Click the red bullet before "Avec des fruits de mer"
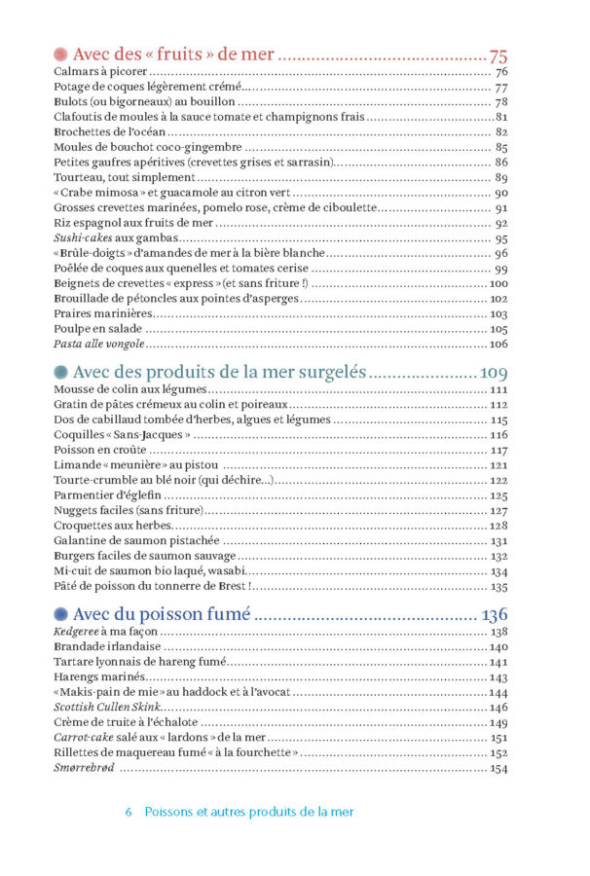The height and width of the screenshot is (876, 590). (60, 55)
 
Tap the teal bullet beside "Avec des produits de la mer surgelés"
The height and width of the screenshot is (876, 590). (60, 372)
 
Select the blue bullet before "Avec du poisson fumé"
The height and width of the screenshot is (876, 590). (60, 614)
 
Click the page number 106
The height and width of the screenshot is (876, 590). (499, 345)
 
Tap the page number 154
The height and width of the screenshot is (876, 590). (499, 769)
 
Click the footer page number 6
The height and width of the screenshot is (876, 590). (129, 812)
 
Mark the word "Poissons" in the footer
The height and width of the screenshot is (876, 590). (168, 812)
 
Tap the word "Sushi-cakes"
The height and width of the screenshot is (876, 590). (83, 238)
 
